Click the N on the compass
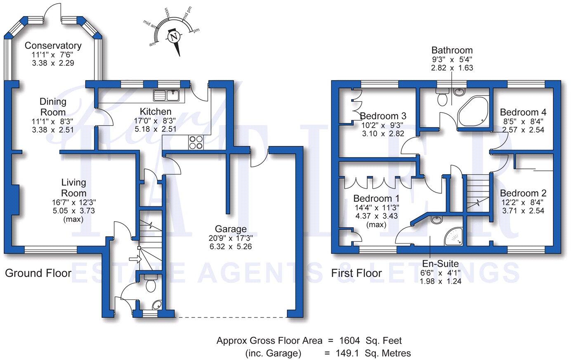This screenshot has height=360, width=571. point(175,37)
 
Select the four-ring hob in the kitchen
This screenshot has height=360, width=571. point(196,142)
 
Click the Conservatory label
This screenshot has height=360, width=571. point(53,45)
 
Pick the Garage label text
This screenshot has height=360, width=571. point(231,229)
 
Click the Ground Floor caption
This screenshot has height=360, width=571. point(38,273)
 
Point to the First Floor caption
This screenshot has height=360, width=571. point(356,273)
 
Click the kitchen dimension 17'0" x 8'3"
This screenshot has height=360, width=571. point(156,121)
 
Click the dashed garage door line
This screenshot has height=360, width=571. point(231,317)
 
